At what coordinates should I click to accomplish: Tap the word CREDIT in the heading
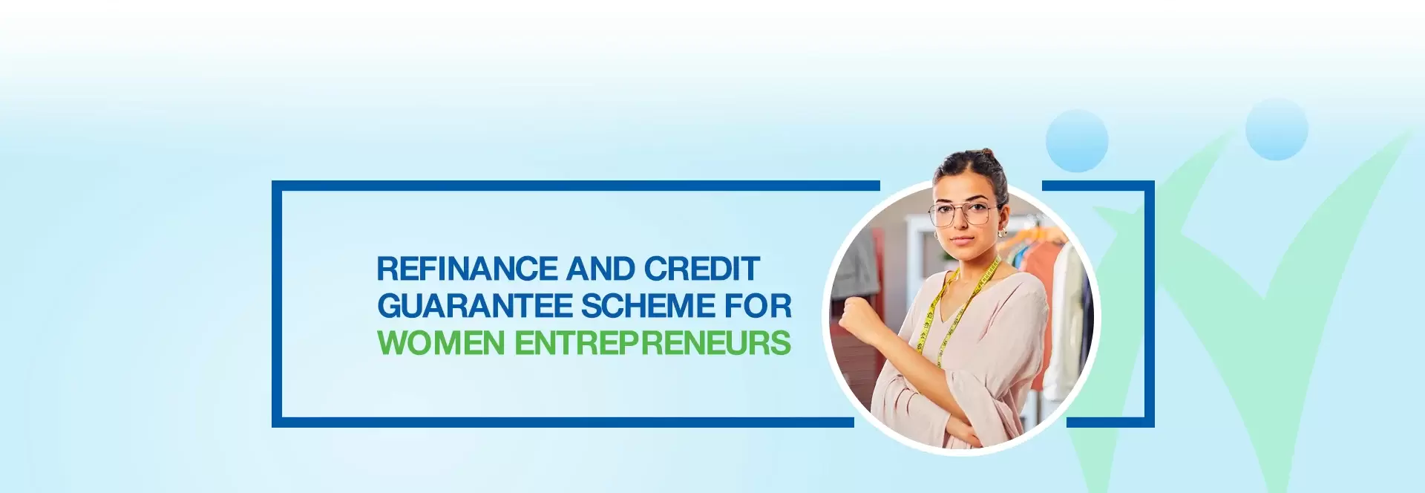click(x=701, y=269)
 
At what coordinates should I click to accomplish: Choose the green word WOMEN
click(x=442, y=343)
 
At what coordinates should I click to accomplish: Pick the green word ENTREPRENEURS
click(x=652, y=343)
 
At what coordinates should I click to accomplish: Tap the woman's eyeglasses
click(x=963, y=214)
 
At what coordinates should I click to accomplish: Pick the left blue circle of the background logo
click(x=1076, y=141)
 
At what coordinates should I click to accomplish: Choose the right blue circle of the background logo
click(x=1276, y=129)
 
